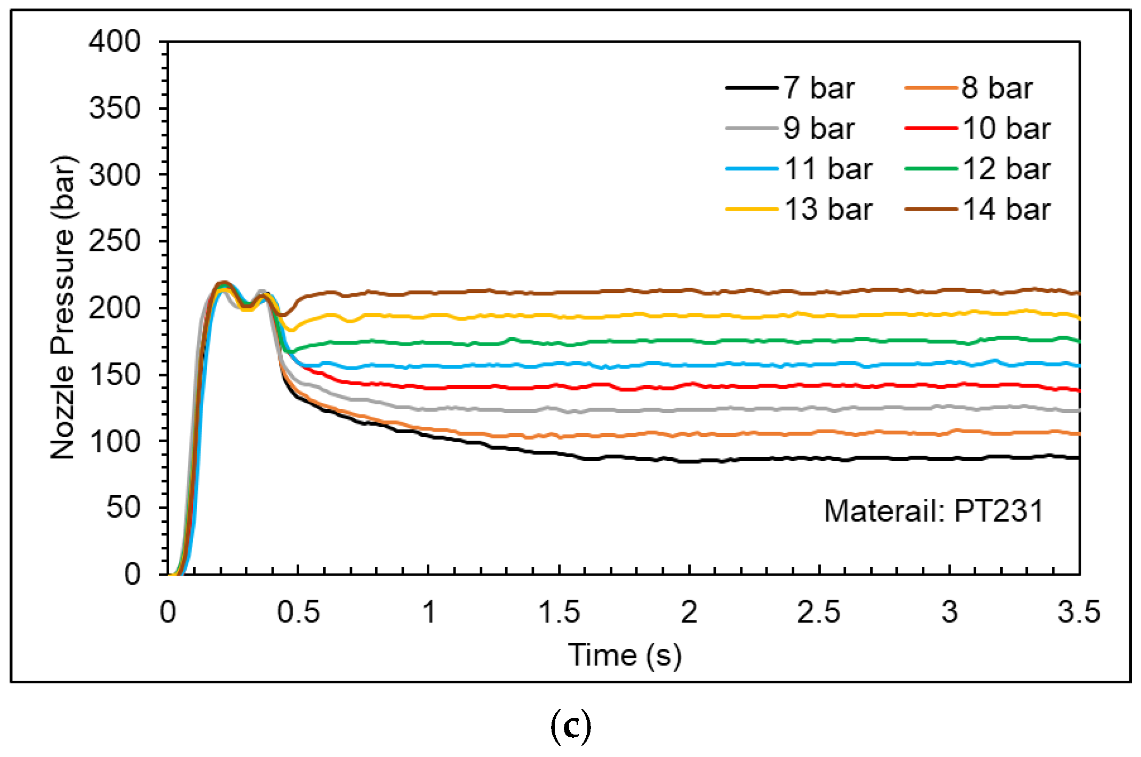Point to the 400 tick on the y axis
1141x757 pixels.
tap(115, 42)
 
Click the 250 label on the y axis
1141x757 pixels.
tap(115, 241)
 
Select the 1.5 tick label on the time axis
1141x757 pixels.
tap(559, 612)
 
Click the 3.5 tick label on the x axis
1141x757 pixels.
tap(1079, 612)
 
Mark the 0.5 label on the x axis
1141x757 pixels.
tap(298, 612)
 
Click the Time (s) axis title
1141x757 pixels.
tap(624, 655)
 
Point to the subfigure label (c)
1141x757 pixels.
tap(570, 727)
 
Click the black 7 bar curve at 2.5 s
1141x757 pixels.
tap(819, 458)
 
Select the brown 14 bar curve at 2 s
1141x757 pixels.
tap(689, 291)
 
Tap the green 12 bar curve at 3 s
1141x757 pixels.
tap(949, 341)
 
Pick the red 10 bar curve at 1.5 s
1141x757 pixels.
tap(559, 385)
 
